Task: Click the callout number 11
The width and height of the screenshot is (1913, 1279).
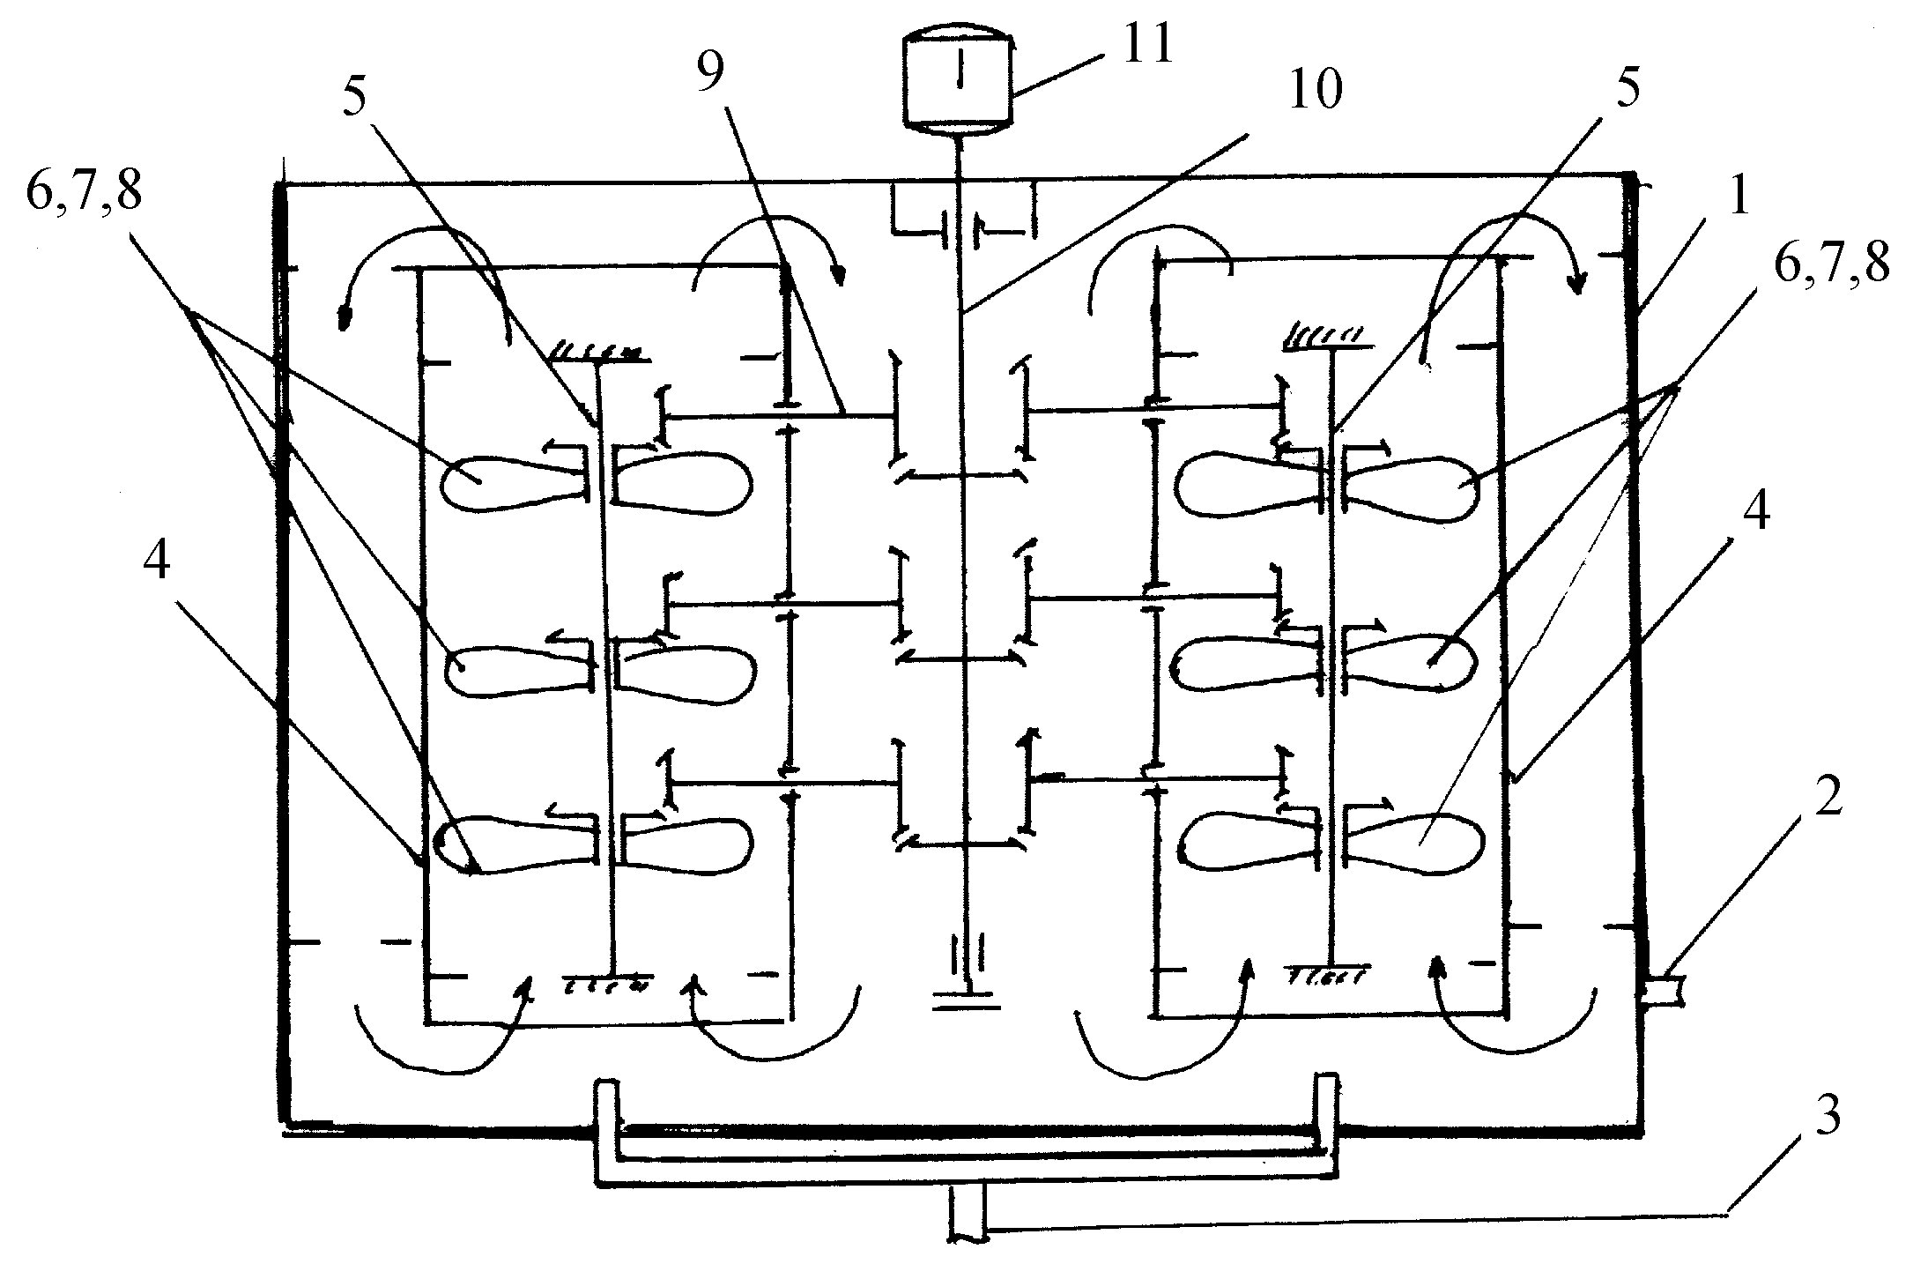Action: pos(1145,43)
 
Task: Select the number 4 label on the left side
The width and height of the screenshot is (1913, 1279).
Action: pos(157,564)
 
